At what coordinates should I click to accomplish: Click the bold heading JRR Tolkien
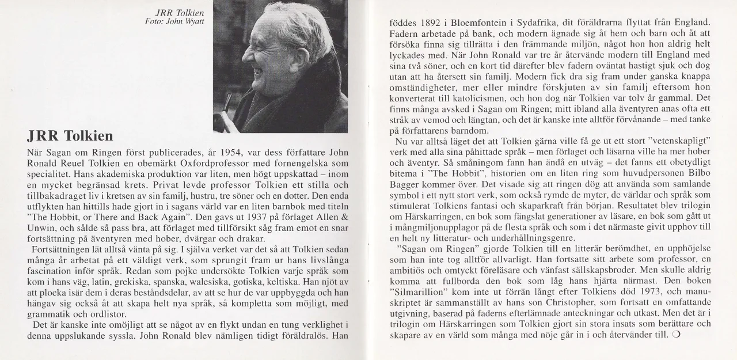pyautogui.click(x=70, y=137)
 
